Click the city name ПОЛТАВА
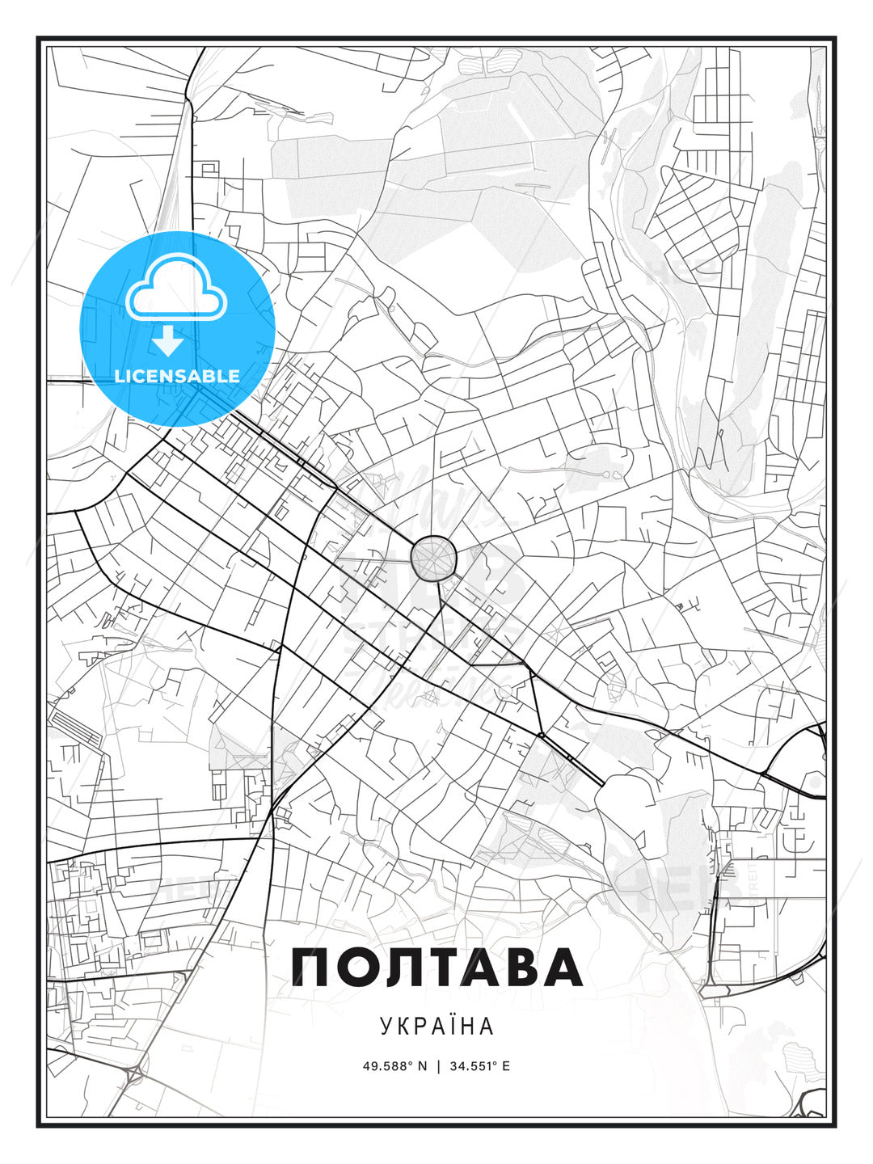click(436, 968)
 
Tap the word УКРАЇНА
click(436, 1026)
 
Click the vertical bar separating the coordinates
click(437, 1066)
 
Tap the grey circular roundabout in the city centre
click(434, 558)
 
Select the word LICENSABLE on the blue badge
click(177, 376)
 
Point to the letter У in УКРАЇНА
click(385, 1026)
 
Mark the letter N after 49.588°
click(421, 1066)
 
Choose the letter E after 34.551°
click(506, 1066)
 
